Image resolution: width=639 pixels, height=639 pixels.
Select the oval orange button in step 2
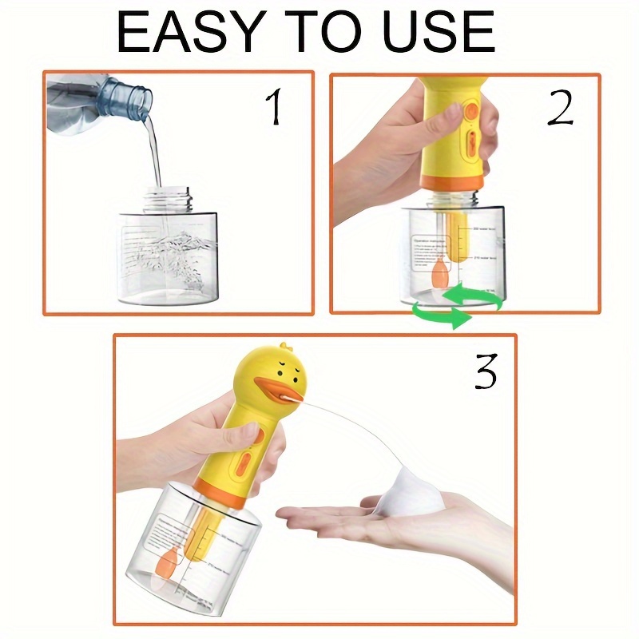[x=470, y=145]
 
